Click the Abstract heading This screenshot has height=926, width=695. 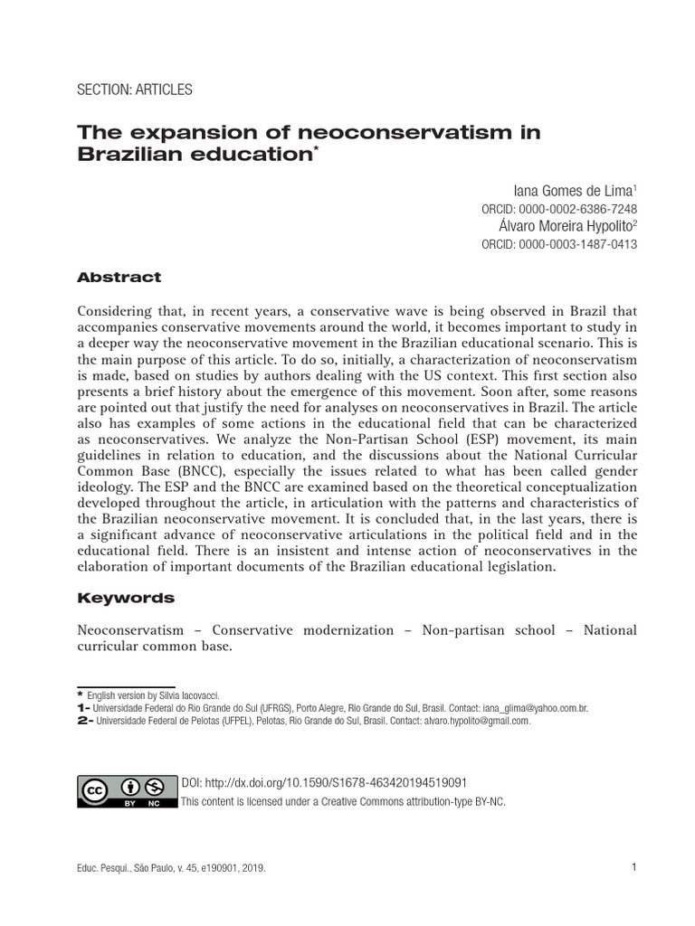119,278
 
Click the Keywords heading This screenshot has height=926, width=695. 126,599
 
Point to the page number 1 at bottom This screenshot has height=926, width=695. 634,868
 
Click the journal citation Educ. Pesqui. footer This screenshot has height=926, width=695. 172,868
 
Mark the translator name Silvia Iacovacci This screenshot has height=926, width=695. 187,694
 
